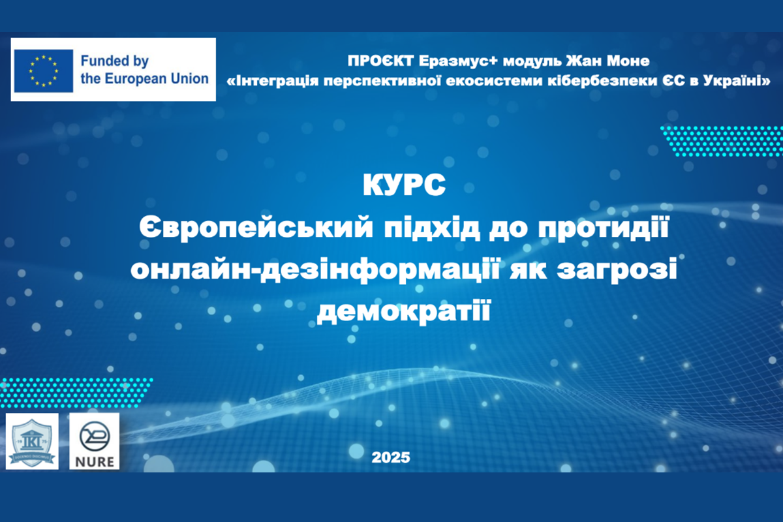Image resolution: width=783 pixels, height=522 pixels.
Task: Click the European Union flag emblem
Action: (44, 70)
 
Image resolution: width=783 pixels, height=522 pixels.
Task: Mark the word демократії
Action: (403, 313)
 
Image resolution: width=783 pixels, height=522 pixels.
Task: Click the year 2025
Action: (391, 457)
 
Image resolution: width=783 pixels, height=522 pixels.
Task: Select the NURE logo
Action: (95, 441)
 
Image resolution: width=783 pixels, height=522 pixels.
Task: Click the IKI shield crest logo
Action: (32, 441)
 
